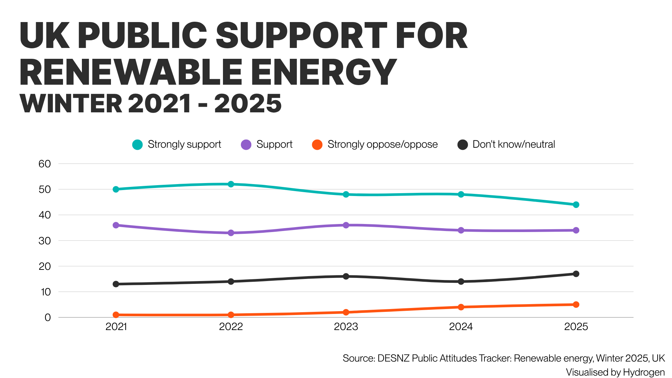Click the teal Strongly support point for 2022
click(231, 184)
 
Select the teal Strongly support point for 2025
click(576, 205)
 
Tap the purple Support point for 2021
click(116, 225)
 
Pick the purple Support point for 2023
click(346, 225)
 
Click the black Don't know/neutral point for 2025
click(576, 274)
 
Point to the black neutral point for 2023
click(346, 276)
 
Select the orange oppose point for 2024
click(461, 307)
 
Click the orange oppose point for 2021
click(116, 315)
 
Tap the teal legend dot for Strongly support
click(138, 145)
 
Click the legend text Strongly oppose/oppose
click(382, 145)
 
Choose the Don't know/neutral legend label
click(513, 145)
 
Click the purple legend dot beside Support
click(246, 145)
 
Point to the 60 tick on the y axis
click(45, 164)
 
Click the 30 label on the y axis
click(45, 241)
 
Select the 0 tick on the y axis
click(48, 318)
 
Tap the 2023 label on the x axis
click(346, 327)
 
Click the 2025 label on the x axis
click(576, 327)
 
